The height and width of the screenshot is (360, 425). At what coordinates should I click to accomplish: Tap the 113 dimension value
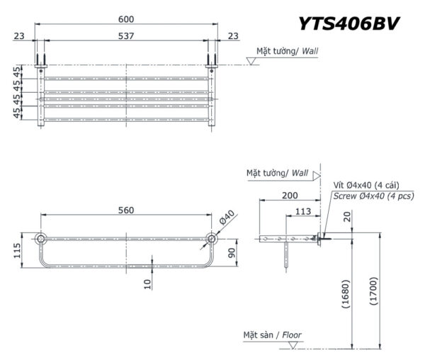pos(303,210)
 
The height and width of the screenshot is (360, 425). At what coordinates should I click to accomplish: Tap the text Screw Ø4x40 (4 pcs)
pos(373,196)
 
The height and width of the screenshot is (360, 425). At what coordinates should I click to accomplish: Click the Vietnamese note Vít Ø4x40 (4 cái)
pos(366,184)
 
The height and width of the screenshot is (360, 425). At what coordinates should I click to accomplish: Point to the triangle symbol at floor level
pos(292,344)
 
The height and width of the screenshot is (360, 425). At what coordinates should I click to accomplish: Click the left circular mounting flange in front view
pos(41,239)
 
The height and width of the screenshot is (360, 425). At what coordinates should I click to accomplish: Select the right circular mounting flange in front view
pos(212,239)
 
